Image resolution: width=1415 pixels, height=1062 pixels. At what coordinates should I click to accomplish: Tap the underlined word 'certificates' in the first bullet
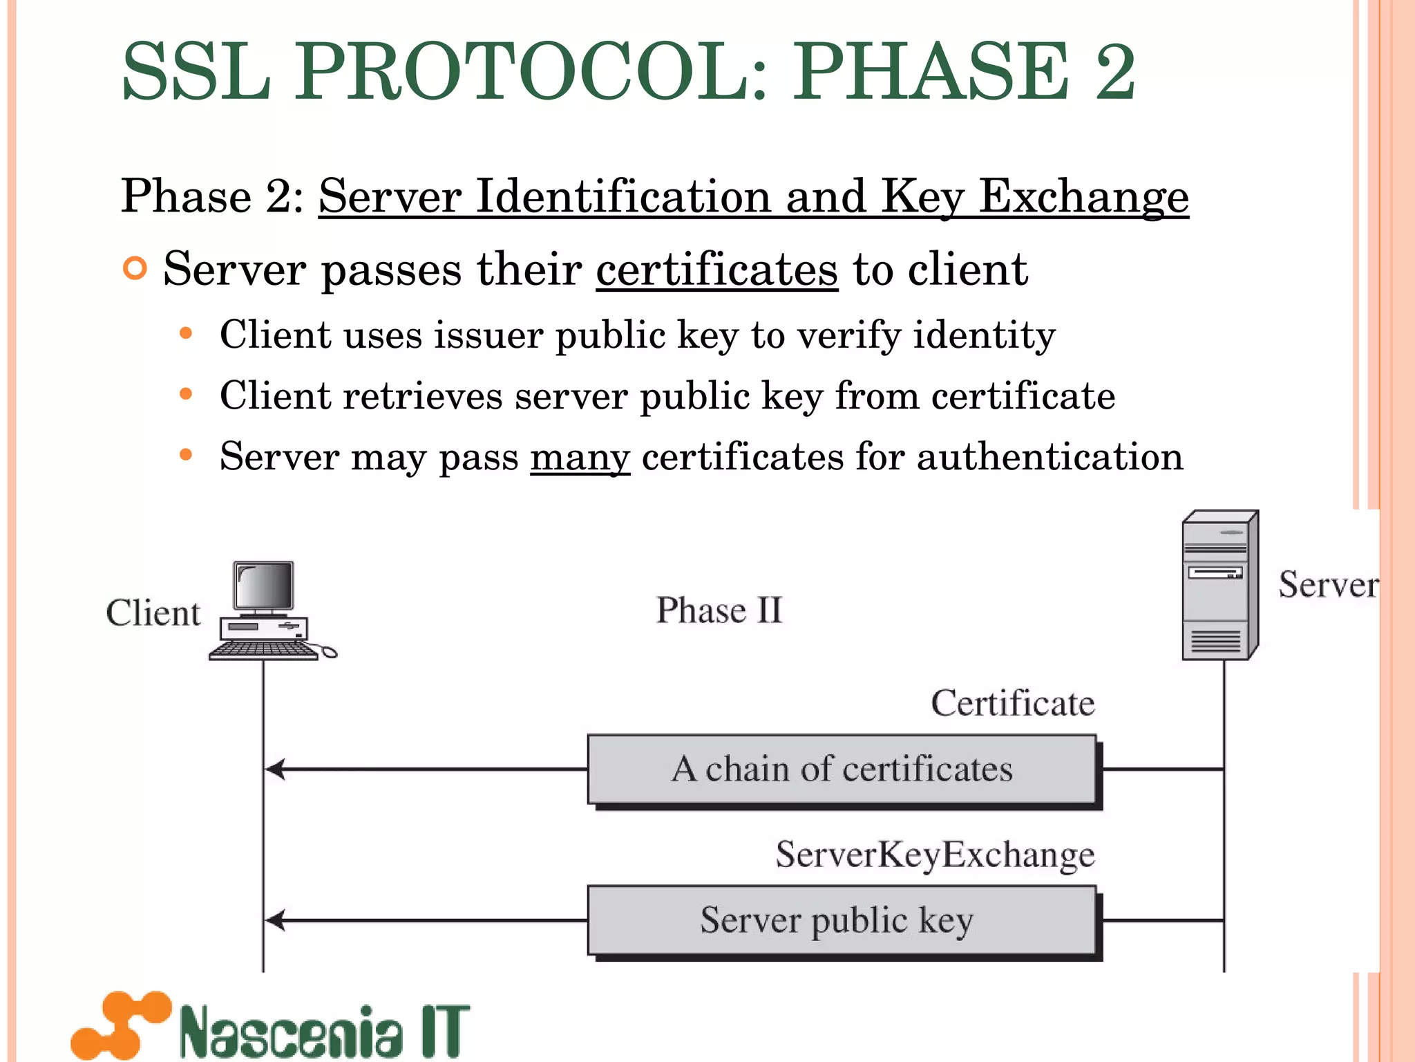click(716, 269)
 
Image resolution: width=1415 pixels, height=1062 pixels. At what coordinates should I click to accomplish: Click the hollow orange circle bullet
click(135, 268)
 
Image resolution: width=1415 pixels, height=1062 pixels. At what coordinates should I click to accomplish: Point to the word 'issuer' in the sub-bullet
click(488, 335)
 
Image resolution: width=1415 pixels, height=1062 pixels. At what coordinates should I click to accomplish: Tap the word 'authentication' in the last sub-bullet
click(1050, 457)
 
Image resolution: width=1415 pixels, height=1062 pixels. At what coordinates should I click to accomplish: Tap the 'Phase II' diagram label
click(719, 611)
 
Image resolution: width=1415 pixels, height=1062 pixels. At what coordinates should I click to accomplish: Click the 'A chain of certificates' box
click(842, 770)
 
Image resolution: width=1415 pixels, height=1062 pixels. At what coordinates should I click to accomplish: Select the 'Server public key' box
click(842, 921)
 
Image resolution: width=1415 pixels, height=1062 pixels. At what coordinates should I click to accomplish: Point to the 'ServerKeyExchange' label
click(935, 855)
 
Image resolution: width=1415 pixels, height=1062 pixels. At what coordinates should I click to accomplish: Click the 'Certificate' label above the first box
click(1012, 703)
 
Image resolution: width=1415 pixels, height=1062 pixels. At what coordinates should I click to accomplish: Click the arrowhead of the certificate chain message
click(275, 769)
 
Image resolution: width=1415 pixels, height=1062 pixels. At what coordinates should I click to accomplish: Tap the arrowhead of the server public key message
click(275, 920)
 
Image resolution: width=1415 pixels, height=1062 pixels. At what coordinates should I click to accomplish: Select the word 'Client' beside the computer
click(153, 613)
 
